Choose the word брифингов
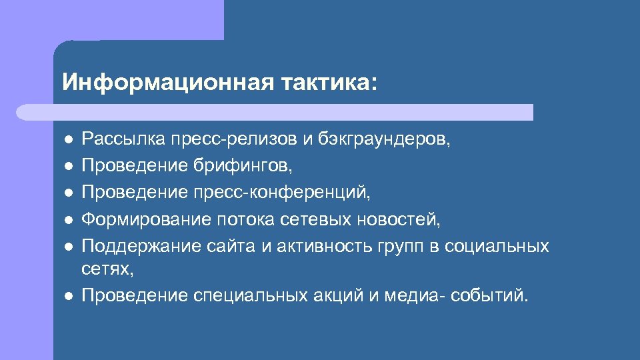pos(243,166)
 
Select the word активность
pos(314,246)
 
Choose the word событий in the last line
pos(489,295)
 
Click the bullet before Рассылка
pos(68,141)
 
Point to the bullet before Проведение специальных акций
pos(68,297)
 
